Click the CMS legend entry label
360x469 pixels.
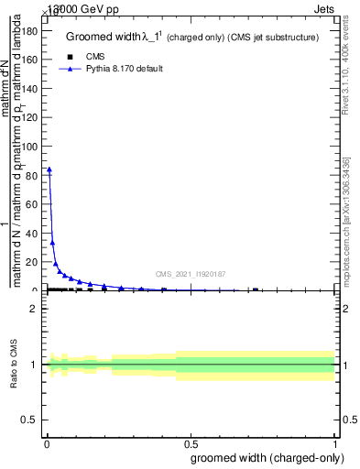(x=96, y=57)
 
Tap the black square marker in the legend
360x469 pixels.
(x=70, y=57)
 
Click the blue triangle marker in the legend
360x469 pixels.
(x=70, y=69)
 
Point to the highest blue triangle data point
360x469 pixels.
(x=49, y=169)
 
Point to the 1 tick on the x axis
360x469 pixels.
(x=335, y=443)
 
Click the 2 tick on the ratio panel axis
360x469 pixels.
(x=35, y=309)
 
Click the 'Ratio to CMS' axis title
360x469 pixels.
(x=15, y=365)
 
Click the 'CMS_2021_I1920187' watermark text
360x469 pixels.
(x=190, y=274)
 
